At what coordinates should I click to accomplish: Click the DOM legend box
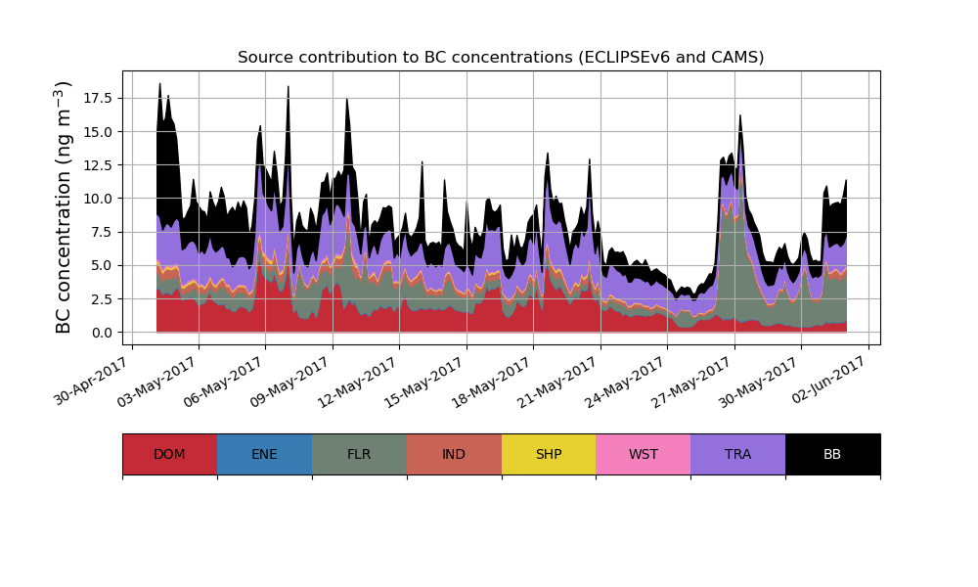(x=169, y=454)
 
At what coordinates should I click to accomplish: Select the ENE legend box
(x=264, y=454)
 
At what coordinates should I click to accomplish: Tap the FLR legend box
(x=359, y=454)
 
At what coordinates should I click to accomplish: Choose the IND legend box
(x=454, y=454)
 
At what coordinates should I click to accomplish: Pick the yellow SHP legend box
(x=549, y=454)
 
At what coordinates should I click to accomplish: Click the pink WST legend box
(x=644, y=454)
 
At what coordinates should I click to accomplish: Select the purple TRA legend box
(x=738, y=454)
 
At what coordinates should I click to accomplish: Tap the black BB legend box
(x=832, y=454)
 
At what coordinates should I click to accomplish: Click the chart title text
(x=501, y=58)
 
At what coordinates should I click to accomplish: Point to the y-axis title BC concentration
(x=64, y=207)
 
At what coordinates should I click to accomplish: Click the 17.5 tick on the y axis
(x=98, y=99)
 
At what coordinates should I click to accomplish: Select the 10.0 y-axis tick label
(x=98, y=199)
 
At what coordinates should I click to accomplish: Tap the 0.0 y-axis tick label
(x=102, y=333)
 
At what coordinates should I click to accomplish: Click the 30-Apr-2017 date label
(x=93, y=381)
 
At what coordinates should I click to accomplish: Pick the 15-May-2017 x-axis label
(x=427, y=381)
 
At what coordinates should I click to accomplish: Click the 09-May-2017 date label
(x=293, y=381)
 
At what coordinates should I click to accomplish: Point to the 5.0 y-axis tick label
(x=102, y=265)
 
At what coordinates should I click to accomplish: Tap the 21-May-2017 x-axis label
(x=561, y=381)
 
